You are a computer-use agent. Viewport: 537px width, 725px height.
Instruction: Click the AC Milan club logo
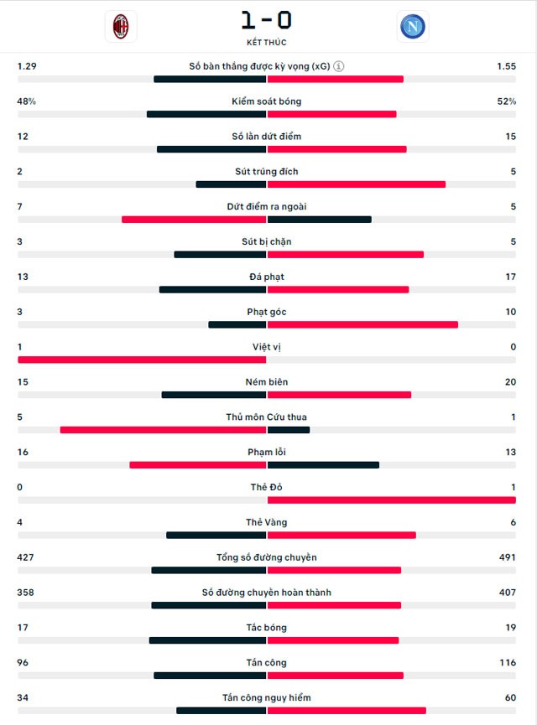122,27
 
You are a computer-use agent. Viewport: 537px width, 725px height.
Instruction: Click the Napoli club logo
412,27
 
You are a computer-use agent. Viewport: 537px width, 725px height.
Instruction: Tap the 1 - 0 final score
267,20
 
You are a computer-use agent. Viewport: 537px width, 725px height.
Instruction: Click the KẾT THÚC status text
267,42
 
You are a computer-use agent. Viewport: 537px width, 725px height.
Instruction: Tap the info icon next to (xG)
339,66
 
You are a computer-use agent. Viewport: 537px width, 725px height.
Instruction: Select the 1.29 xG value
27,66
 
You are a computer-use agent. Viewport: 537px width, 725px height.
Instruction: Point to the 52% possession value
506,101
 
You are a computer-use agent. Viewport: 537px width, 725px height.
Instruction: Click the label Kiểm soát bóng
267,101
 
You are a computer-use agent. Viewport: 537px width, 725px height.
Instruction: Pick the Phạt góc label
267,312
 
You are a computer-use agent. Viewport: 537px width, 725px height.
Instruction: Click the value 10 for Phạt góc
509,312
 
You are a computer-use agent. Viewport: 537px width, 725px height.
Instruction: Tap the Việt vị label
267,347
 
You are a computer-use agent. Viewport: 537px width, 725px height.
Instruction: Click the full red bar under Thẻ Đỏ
391,500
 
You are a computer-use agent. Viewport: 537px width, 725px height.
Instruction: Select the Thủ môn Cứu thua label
267,417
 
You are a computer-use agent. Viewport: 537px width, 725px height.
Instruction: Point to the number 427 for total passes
26,557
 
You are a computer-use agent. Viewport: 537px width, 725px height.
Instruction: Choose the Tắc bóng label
267,628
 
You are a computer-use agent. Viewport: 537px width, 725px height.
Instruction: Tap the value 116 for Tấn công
506,663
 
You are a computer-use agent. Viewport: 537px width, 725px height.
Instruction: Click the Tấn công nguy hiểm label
267,698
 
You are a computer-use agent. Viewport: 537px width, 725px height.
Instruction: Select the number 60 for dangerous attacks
509,698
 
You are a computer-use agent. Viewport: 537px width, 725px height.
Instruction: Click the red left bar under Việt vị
142,360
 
